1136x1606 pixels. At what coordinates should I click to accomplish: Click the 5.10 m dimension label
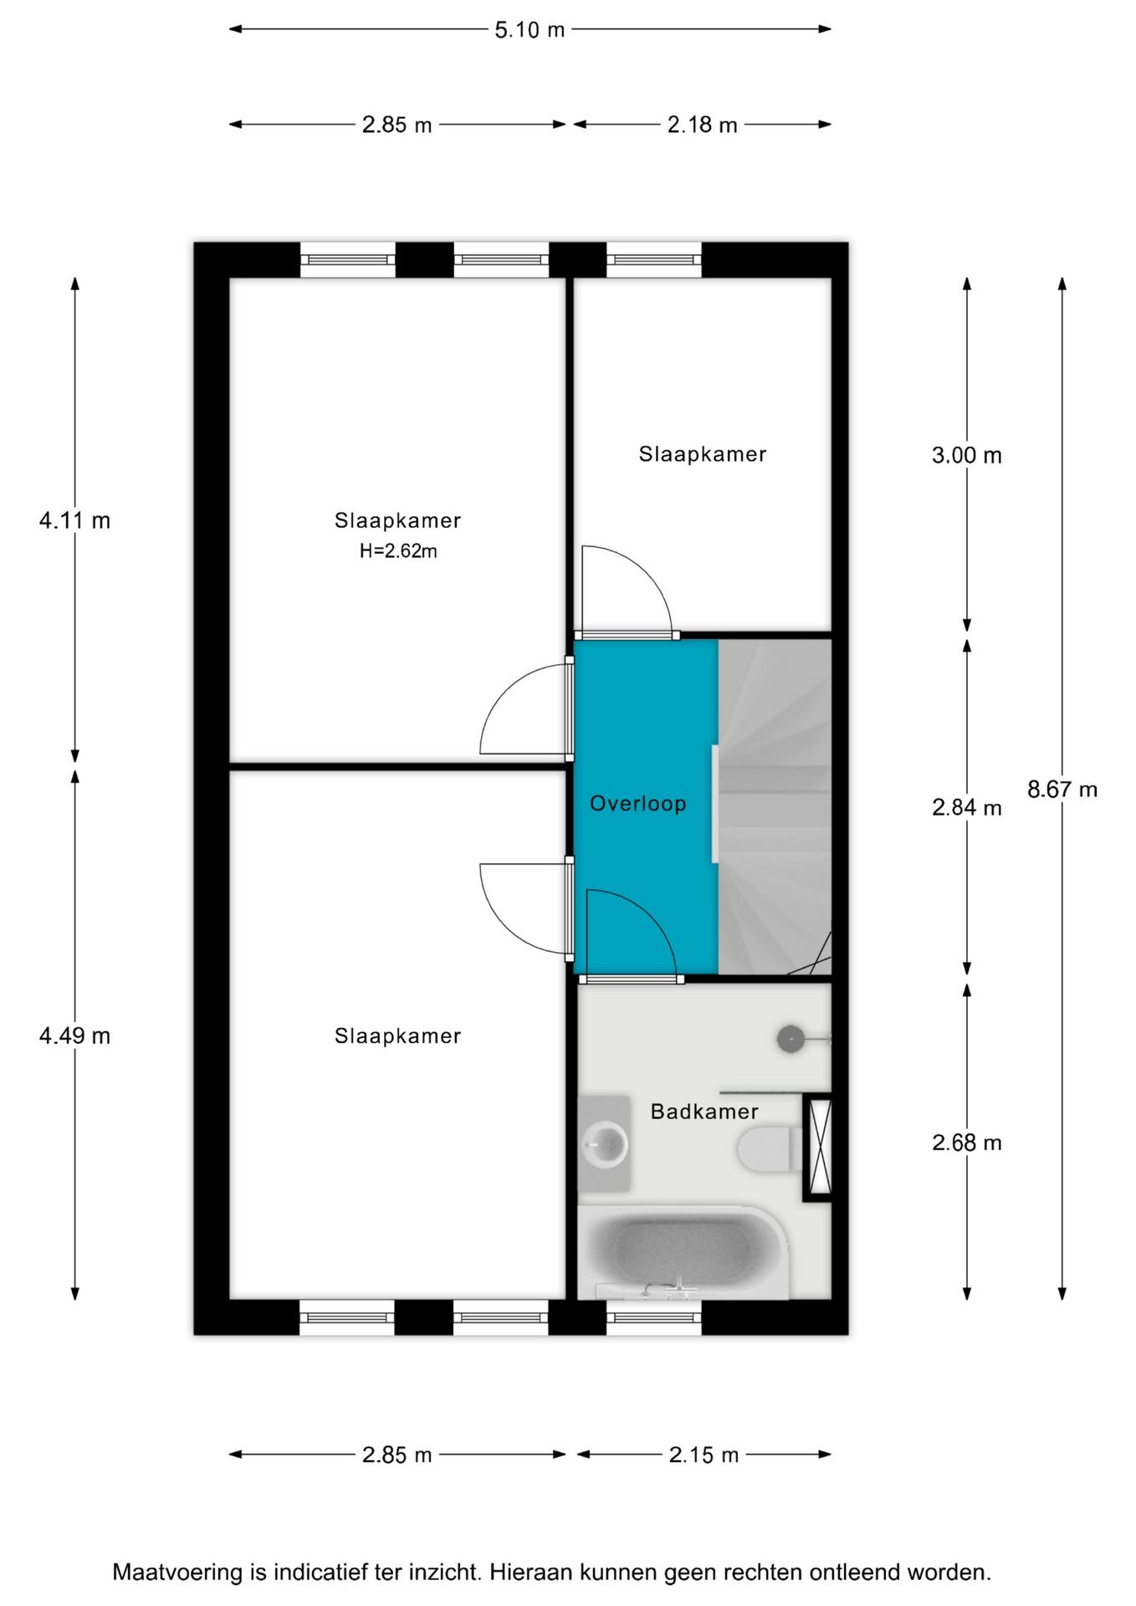tap(530, 30)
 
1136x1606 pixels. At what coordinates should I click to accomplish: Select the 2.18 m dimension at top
tap(702, 125)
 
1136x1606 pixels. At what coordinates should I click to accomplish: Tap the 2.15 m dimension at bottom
tap(704, 1455)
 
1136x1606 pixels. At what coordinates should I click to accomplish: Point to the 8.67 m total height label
tap(1062, 789)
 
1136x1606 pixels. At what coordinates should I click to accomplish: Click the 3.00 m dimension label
tap(966, 455)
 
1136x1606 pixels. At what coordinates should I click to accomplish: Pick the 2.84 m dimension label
tap(966, 807)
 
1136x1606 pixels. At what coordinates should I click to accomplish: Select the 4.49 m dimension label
tap(74, 1036)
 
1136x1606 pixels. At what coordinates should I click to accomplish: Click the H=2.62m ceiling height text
tap(398, 551)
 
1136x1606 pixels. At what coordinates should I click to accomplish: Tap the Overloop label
tap(637, 804)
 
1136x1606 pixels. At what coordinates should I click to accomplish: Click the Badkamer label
tap(704, 1112)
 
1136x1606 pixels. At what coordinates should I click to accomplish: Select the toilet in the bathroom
tap(768, 1148)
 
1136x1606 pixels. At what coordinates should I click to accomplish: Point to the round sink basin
tap(605, 1143)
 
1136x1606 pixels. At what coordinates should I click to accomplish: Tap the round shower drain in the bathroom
tap(791, 1039)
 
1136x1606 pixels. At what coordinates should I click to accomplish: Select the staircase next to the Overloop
tap(775, 807)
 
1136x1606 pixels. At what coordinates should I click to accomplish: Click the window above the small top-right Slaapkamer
tap(653, 259)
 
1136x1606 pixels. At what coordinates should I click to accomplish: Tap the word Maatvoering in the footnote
tap(177, 1572)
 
